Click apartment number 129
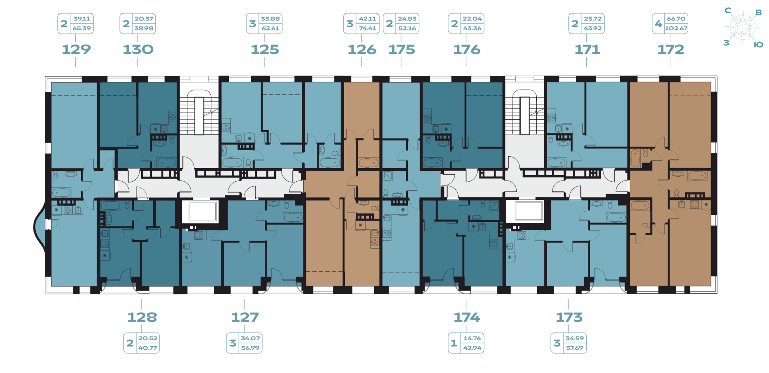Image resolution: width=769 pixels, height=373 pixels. click(76, 49)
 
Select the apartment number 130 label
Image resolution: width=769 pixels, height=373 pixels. click(138, 49)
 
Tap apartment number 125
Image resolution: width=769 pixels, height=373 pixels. click(265, 49)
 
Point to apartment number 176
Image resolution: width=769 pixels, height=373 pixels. click(467, 49)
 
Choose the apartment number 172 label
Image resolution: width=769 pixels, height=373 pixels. click(671, 49)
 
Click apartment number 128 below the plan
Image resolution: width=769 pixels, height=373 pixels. click(142, 317)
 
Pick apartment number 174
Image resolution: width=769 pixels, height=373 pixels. click(467, 317)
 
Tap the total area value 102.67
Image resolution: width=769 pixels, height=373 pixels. click(676, 28)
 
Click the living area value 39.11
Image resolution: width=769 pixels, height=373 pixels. click(82, 18)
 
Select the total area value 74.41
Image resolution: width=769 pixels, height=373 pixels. click(368, 28)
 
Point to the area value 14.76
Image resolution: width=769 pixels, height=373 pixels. click(472, 338)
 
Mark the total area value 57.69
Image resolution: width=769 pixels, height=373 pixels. click(574, 348)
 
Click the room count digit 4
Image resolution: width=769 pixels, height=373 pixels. click(658, 23)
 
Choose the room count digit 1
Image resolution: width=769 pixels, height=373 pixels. click(454, 343)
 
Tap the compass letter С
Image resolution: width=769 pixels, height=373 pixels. click(728, 10)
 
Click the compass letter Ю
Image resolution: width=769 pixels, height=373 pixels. click(758, 45)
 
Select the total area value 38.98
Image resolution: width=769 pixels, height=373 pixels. click(144, 28)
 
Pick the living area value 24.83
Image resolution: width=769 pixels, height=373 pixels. click(407, 18)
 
